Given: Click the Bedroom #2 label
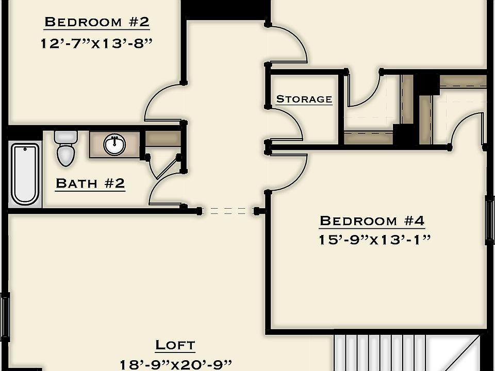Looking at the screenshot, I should [97, 22].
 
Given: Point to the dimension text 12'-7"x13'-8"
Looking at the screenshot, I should [97, 43].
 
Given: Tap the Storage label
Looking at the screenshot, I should [304, 99].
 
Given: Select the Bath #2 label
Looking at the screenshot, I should [90, 183].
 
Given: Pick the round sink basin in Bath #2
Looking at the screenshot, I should [114, 145].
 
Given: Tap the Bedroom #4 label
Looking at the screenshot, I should [372, 221].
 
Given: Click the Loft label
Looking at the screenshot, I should [175, 345].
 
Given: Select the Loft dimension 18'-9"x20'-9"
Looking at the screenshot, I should [175, 364].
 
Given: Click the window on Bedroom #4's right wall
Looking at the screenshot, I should [489, 220].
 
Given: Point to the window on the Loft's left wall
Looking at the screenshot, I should [5, 314].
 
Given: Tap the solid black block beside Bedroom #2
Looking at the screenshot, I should [225, 9].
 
